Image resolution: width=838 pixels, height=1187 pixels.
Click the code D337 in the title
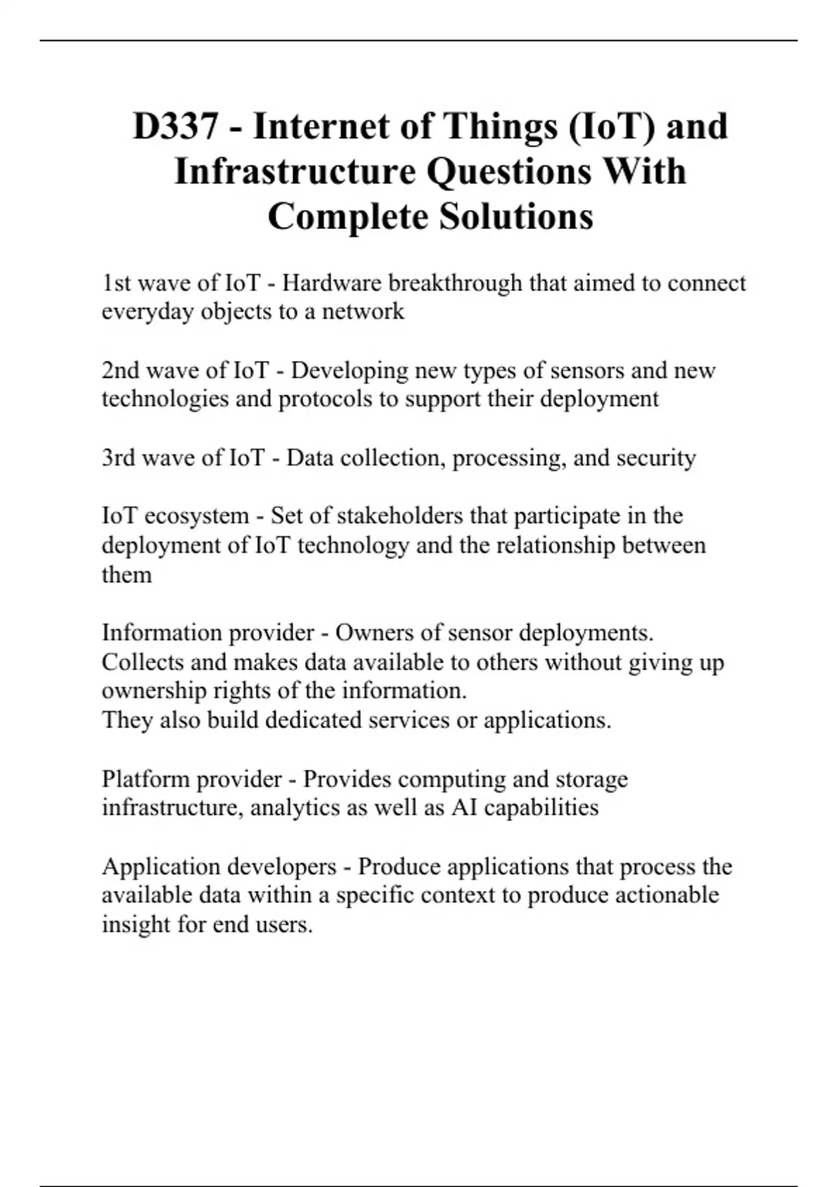click(175, 127)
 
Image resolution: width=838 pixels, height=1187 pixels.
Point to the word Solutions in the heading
click(516, 216)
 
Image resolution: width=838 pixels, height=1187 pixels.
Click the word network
click(363, 311)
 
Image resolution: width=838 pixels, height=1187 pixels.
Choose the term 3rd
click(118, 458)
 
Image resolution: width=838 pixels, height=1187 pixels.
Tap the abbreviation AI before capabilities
click(464, 808)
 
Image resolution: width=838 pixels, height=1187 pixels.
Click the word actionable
click(667, 895)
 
